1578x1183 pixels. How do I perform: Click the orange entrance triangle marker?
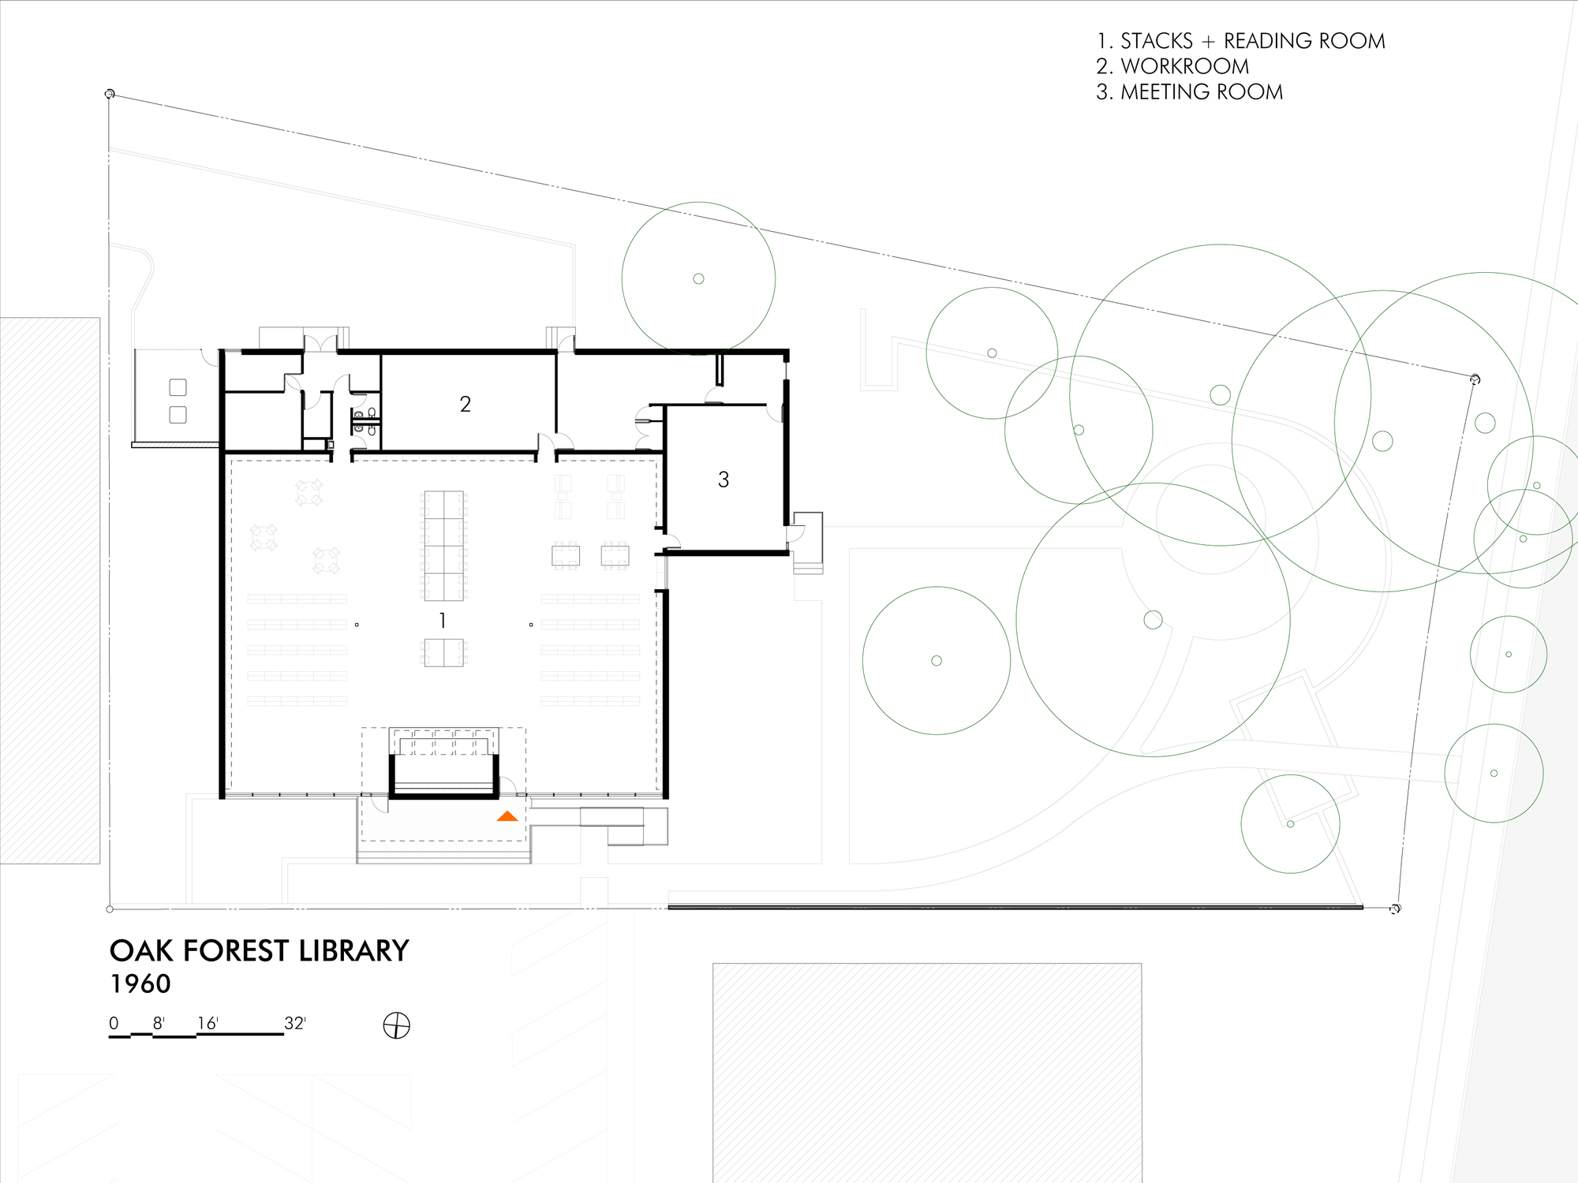click(x=507, y=816)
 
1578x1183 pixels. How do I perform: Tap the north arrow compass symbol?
click(x=396, y=1025)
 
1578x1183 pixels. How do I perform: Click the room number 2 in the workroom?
click(x=466, y=404)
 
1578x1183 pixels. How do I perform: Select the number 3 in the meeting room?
click(x=724, y=480)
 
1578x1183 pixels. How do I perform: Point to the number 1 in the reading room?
click(x=443, y=621)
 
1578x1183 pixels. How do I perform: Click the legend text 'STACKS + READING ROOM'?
click(x=1252, y=41)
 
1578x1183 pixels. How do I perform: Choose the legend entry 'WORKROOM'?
click(x=1184, y=66)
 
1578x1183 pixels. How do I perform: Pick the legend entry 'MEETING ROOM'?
click(x=1201, y=92)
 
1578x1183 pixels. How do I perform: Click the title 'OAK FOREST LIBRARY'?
click(x=259, y=951)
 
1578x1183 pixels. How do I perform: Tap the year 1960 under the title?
click(x=140, y=984)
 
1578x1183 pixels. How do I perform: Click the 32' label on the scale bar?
click(x=294, y=1023)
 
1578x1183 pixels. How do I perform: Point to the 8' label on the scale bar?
click(x=159, y=1023)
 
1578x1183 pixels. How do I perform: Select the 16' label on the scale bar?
click(x=208, y=1023)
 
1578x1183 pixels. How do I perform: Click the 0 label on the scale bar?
click(x=114, y=1023)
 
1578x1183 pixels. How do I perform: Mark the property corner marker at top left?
click(x=110, y=94)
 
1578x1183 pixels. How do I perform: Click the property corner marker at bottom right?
click(x=1395, y=909)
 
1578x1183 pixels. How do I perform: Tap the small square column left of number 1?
click(x=357, y=625)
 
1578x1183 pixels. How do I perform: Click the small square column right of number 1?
click(x=531, y=625)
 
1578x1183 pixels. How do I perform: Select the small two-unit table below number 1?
click(x=443, y=653)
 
